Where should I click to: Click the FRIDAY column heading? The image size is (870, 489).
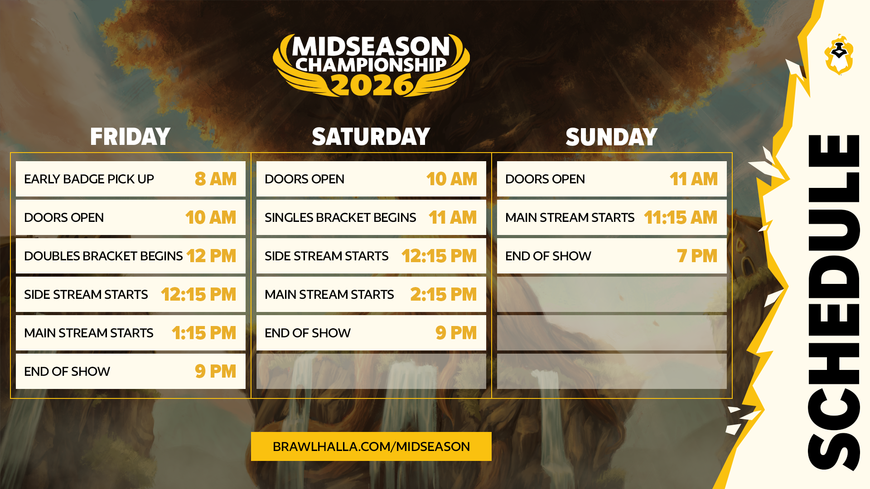pyautogui.click(x=130, y=137)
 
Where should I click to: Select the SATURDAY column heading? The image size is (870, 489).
pyautogui.click(x=371, y=137)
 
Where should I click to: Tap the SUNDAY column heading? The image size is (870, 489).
pyautogui.click(x=611, y=137)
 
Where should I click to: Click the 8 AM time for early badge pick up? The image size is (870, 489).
pyautogui.click(x=216, y=179)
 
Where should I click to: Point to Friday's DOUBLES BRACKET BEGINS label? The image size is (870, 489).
pyautogui.click(x=103, y=256)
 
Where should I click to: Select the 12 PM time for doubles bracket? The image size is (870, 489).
pyautogui.click(x=211, y=256)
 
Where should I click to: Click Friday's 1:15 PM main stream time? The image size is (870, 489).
pyautogui.click(x=204, y=333)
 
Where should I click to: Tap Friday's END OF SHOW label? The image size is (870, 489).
pyautogui.click(x=67, y=371)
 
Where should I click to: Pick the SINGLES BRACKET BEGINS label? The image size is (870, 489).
pyautogui.click(x=340, y=217)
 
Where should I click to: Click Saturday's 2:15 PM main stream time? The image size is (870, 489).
pyautogui.click(x=444, y=294)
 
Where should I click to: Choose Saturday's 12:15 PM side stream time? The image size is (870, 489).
pyautogui.click(x=439, y=256)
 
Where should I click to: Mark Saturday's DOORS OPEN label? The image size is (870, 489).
pyautogui.click(x=304, y=179)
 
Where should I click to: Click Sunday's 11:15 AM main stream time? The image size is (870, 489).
pyautogui.click(x=681, y=217)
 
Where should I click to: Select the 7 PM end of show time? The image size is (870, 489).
pyautogui.click(x=697, y=256)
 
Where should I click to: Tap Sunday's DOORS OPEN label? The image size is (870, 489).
pyautogui.click(x=545, y=179)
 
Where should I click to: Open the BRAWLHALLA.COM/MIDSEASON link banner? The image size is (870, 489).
pyautogui.click(x=371, y=446)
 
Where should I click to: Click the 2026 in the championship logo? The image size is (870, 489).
pyautogui.click(x=371, y=85)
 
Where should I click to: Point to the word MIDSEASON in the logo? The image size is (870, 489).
pyautogui.click(x=371, y=47)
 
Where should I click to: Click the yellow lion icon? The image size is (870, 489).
pyautogui.click(x=839, y=54)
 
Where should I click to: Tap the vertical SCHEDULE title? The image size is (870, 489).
pyautogui.click(x=834, y=302)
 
